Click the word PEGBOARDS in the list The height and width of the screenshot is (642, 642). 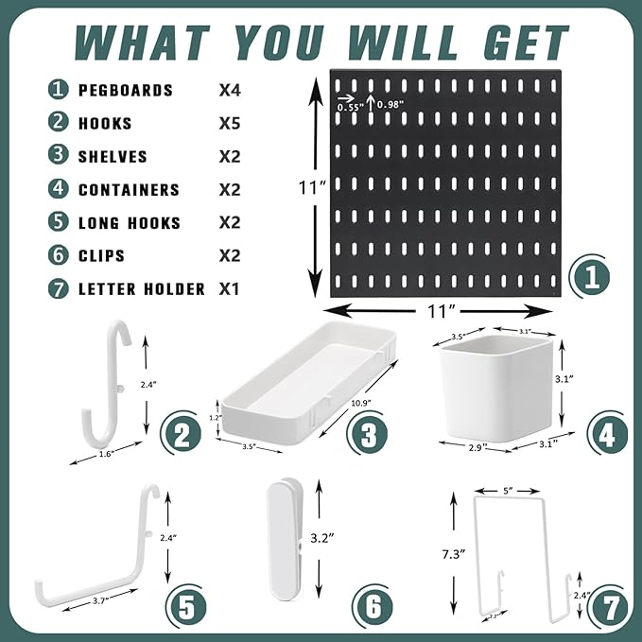tap(125, 91)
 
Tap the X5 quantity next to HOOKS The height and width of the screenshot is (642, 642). tap(230, 124)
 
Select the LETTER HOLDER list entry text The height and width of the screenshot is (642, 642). tap(142, 289)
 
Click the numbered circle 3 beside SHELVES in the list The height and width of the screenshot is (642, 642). tap(59, 157)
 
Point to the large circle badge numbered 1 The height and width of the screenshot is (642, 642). tap(591, 277)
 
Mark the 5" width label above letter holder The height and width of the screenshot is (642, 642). tap(510, 491)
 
